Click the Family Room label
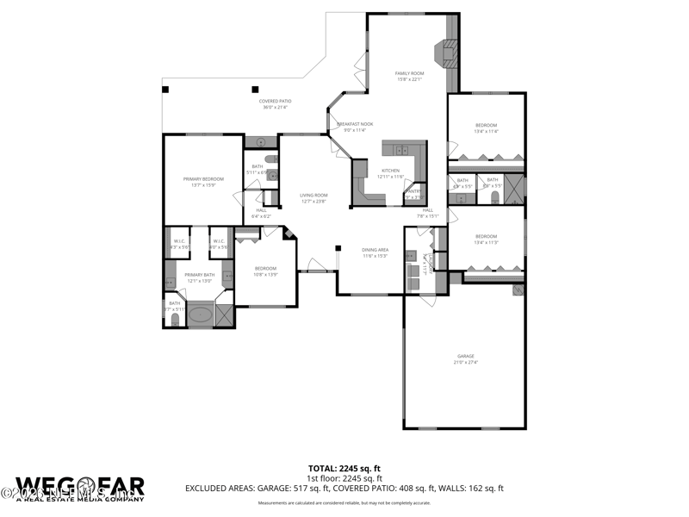pyautogui.click(x=410, y=73)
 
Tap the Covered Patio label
pyautogui.click(x=276, y=101)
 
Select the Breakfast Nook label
pyautogui.click(x=354, y=124)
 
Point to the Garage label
pyautogui.click(x=465, y=356)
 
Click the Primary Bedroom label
pyautogui.click(x=203, y=178)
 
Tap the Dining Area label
pyautogui.click(x=375, y=250)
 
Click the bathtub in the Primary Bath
pyautogui.click(x=201, y=315)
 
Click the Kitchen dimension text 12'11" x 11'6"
pyautogui.click(x=390, y=177)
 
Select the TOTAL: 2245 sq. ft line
pyautogui.click(x=344, y=468)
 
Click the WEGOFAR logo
pyautogui.click(x=79, y=488)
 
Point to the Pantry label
pyautogui.click(x=413, y=191)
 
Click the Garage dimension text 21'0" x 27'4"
pyautogui.click(x=465, y=362)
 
